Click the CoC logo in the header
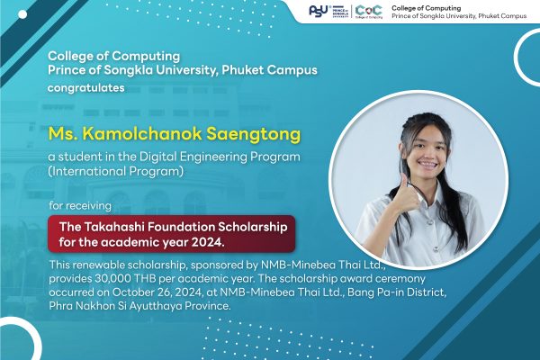coord(368,12)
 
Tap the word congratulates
coord(86,88)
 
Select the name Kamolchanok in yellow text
coord(142,134)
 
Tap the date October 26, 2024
coord(157,292)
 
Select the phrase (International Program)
coord(116,172)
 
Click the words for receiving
coord(80,206)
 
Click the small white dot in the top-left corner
coord(22,14)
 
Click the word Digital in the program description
coord(157,157)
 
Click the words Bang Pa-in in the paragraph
coord(375,292)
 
